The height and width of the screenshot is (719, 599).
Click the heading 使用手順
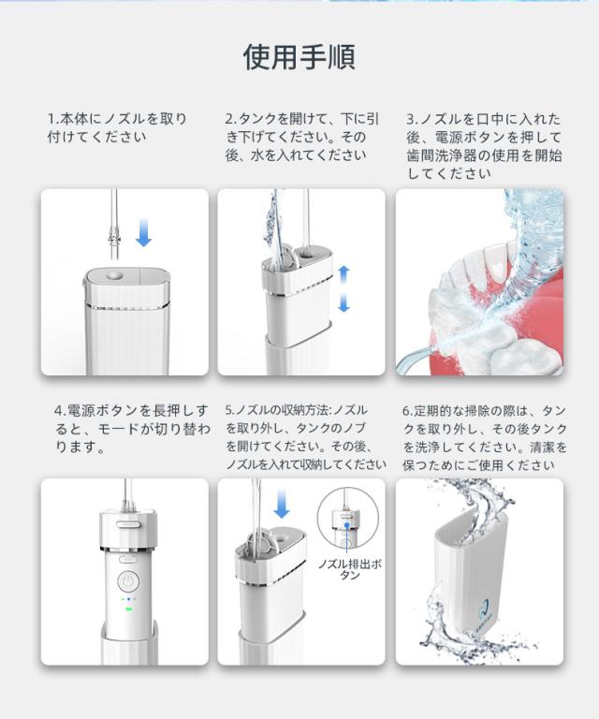299,57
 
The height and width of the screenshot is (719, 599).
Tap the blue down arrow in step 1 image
143,231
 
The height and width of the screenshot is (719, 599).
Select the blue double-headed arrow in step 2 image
343,288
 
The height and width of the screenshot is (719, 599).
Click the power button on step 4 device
128,582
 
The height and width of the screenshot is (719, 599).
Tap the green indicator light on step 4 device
129,609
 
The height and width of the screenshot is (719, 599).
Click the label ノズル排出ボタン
350,569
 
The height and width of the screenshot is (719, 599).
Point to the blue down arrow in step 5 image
282,503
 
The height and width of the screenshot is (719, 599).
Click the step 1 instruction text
117,128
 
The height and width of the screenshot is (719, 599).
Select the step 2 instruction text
302,137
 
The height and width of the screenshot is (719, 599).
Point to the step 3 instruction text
484,146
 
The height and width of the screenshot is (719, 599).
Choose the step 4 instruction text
133,429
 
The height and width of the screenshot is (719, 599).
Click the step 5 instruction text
306,437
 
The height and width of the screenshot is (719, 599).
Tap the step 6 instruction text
485,437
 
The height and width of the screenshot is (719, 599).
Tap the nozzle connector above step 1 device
113,240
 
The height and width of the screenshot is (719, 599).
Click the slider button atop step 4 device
128,523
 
